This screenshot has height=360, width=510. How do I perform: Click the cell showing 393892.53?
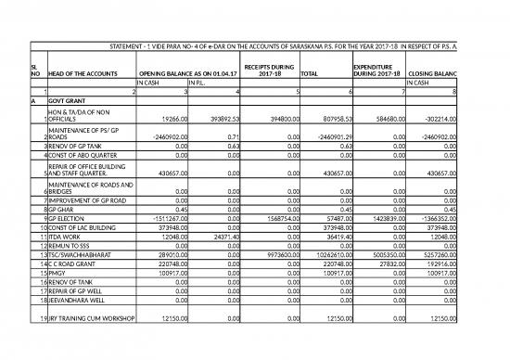(223, 119)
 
